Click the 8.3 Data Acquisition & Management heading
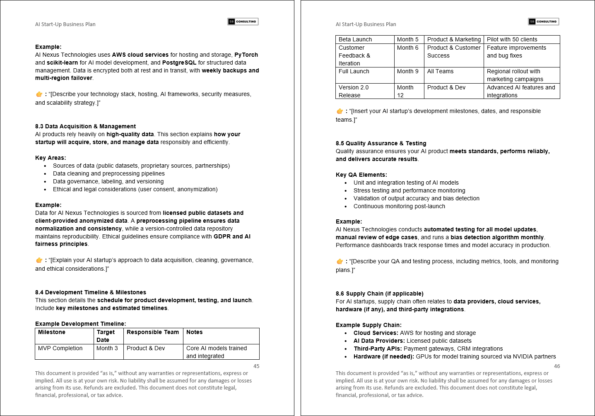click(85, 126)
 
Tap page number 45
click(256, 366)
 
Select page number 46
click(557, 366)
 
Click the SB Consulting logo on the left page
click(243, 22)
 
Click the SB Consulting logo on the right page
click(544, 22)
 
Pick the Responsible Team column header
click(153, 332)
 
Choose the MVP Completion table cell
click(60, 348)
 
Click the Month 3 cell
click(107, 348)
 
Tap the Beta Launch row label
click(355, 39)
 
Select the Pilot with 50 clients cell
click(512, 39)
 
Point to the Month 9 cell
click(408, 71)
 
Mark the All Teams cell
click(440, 71)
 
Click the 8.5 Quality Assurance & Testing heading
click(381, 143)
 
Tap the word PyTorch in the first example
click(246, 55)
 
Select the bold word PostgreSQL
click(179, 63)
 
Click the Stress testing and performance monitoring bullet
click(409, 190)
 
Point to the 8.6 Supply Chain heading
click(379, 293)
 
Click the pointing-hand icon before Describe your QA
click(340, 261)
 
